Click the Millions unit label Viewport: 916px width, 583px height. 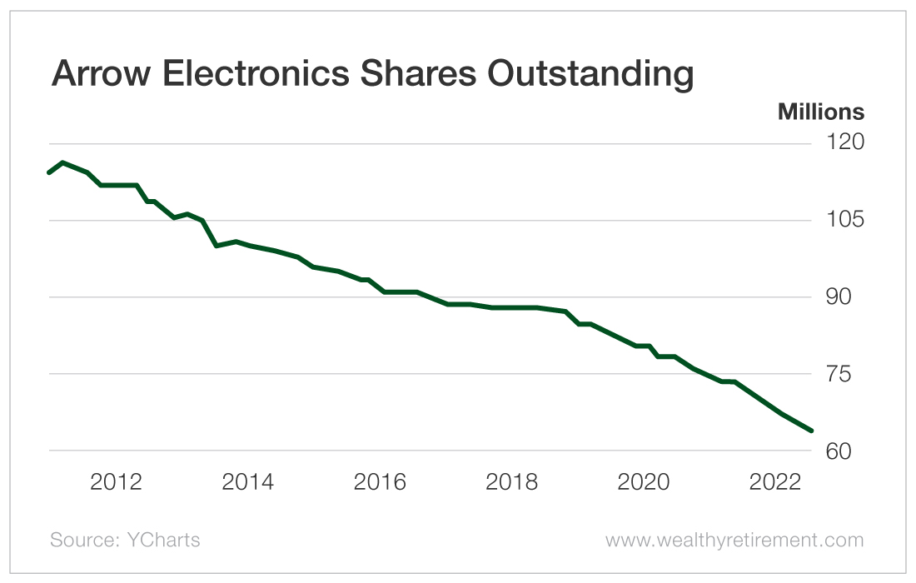click(x=820, y=112)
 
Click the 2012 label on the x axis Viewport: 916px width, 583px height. click(x=117, y=482)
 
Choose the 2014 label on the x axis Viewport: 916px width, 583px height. click(x=248, y=482)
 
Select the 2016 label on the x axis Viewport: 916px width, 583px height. click(x=380, y=482)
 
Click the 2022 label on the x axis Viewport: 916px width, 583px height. click(x=774, y=482)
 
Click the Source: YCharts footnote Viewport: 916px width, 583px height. click(x=125, y=541)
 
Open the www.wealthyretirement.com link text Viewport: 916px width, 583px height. click(x=734, y=541)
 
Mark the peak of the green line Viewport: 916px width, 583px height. click(x=63, y=162)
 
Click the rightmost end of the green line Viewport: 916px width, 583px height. click(x=811, y=431)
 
